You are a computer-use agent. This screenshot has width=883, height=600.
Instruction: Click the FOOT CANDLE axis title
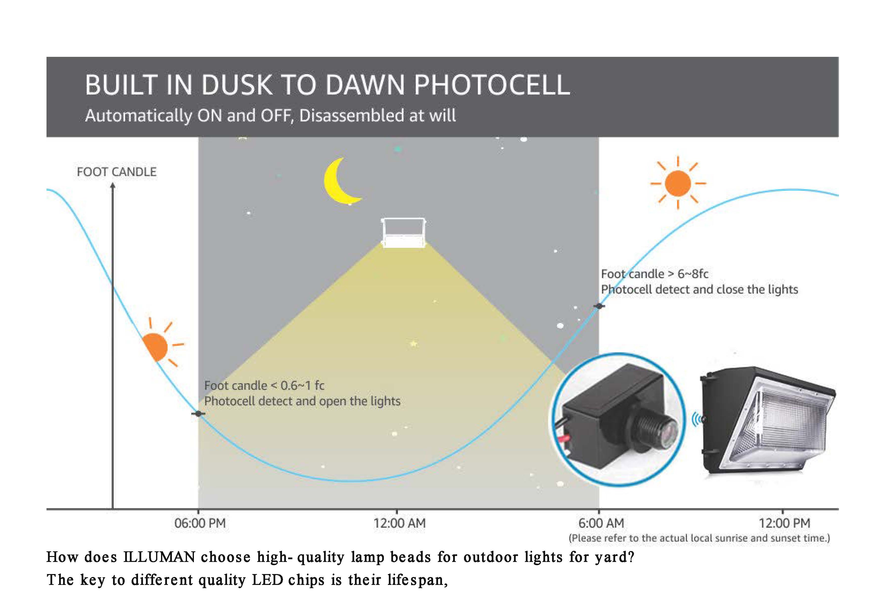point(117,172)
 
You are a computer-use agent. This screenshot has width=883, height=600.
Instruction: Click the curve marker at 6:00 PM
point(198,414)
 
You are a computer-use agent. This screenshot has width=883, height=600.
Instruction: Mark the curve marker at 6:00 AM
point(599,306)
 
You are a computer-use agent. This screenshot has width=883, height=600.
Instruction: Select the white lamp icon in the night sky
point(403,233)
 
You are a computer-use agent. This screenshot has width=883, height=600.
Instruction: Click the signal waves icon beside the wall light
point(697,420)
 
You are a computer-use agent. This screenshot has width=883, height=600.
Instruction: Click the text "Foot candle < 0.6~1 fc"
point(264,386)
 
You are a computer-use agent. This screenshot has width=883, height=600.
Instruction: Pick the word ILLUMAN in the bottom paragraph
point(160,557)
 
